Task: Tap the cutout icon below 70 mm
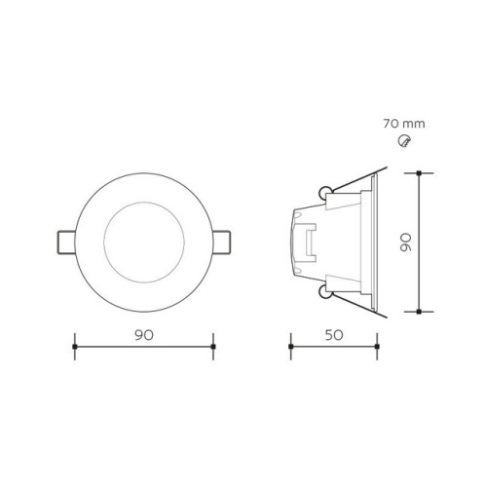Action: click(406, 142)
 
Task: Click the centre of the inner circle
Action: click(144, 241)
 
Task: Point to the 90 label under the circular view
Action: click(144, 334)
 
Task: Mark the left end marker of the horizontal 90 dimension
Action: click(76, 347)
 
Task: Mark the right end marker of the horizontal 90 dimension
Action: click(212, 347)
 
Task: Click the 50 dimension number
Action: click(333, 334)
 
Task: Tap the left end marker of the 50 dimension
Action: click(290, 347)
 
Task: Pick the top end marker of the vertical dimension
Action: click(419, 173)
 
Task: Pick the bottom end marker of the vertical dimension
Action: click(419, 312)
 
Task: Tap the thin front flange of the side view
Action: click(375, 242)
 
